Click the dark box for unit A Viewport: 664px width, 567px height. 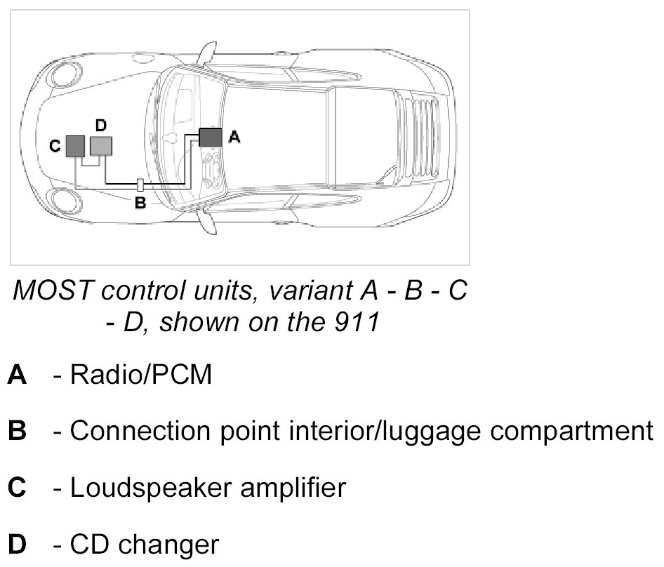[x=210, y=137]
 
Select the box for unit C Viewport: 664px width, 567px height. [x=75, y=147]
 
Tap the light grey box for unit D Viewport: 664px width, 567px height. [x=101, y=146]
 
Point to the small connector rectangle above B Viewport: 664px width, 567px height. [x=140, y=185]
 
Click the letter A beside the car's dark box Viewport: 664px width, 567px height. [x=235, y=138]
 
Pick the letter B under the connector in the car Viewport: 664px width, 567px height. [x=140, y=204]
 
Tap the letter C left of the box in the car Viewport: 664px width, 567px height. [x=55, y=147]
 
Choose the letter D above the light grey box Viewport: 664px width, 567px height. [x=100, y=125]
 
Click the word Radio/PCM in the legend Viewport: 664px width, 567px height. [x=140, y=375]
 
